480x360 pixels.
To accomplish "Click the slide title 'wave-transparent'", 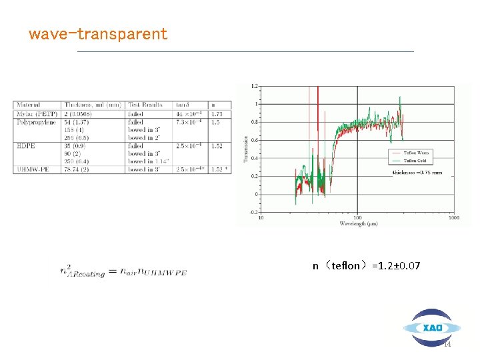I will [97, 34].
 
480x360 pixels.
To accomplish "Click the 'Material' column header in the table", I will [27, 105].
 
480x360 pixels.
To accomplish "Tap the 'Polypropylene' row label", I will [36, 122].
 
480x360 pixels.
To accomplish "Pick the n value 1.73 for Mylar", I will [217, 114].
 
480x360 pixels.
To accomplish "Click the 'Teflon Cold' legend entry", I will [418, 161].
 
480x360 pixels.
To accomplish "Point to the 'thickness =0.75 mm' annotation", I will [417, 173].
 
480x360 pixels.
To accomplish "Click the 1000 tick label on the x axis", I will [454, 217].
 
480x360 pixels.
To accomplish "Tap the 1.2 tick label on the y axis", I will [254, 87].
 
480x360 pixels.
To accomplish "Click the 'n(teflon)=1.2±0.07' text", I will [366, 266].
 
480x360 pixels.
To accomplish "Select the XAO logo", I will [432, 327].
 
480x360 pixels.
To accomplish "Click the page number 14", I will [447, 344].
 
